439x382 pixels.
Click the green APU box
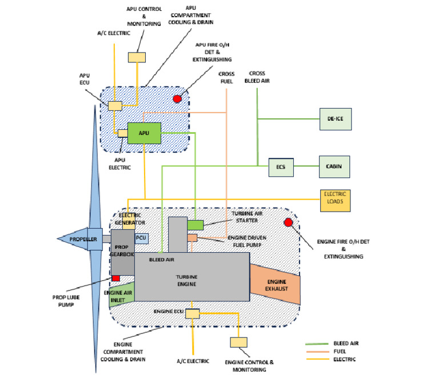coord(144,133)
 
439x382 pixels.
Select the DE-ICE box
coord(334,120)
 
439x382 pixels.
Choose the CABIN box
coord(334,166)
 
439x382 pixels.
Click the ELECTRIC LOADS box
coord(334,200)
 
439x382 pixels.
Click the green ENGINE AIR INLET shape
coord(121,294)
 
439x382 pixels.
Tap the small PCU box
coord(141,237)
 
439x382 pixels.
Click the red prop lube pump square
coord(116,278)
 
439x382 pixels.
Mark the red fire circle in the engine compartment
coord(288,222)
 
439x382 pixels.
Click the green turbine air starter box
coord(195,225)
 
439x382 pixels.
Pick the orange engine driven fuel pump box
coord(193,237)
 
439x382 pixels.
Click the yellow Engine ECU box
coord(192,313)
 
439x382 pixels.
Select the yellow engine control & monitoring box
coord(238,342)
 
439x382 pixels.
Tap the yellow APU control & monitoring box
coord(136,57)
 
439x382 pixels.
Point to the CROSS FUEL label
coord(227,78)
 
